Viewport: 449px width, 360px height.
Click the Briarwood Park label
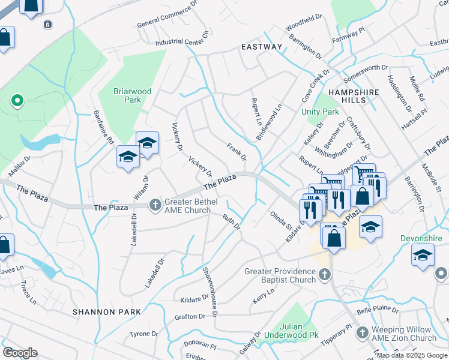point(133,95)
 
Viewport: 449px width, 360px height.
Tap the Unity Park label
point(320,112)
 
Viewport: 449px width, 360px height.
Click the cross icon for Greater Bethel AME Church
point(155,206)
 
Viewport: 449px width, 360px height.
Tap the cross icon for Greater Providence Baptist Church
point(325,275)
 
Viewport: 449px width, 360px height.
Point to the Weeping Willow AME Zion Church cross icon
point(363,332)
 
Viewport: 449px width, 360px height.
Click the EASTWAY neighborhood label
point(261,46)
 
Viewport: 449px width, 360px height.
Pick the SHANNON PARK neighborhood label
point(107,312)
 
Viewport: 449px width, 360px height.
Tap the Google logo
point(20,353)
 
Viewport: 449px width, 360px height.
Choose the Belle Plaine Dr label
point(377,311)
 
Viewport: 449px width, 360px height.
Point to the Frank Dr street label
point(236,152)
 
